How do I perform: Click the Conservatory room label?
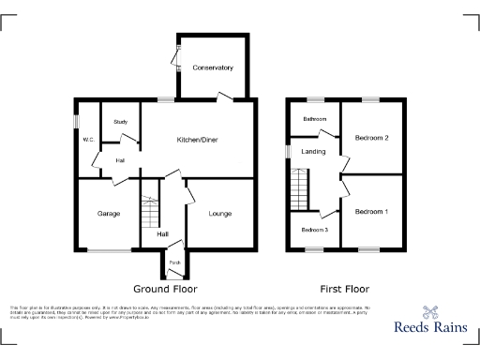pos(213,68)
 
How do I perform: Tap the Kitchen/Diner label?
pos(199,140)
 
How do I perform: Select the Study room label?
pos(120,122)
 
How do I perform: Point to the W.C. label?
pos(88,140)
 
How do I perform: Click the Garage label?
pos(108,214)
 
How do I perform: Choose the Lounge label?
pos(220,214)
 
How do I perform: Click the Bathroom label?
pos(314,119)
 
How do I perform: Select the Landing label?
pos(313,151)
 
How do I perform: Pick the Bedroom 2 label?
pos(371,138)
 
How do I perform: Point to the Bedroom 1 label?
pos(371,212)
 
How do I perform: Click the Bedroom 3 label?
pos(314,230)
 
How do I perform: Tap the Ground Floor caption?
pos(165,289)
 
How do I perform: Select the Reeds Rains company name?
pos(429,330)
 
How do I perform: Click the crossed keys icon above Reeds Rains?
pos(430,312)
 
